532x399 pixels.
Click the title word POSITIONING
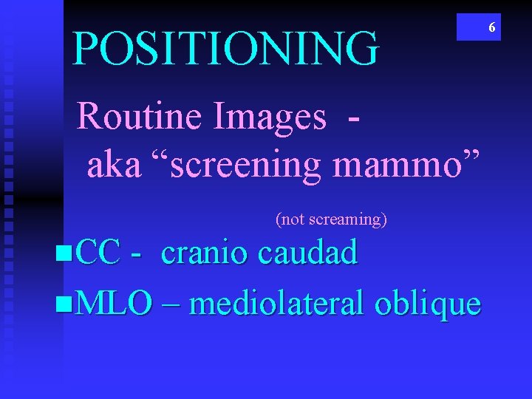coord(225,48)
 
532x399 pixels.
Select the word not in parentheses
coord(292,219)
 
